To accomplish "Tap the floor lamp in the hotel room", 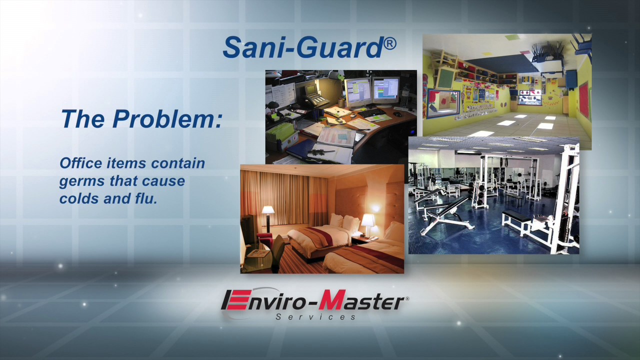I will pyautogui.click(x=268, y=215).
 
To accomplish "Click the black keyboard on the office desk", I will pyautogui.click(x=370, y=113).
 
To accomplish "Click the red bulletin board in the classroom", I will pyautogui.click(x=583, y=100).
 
